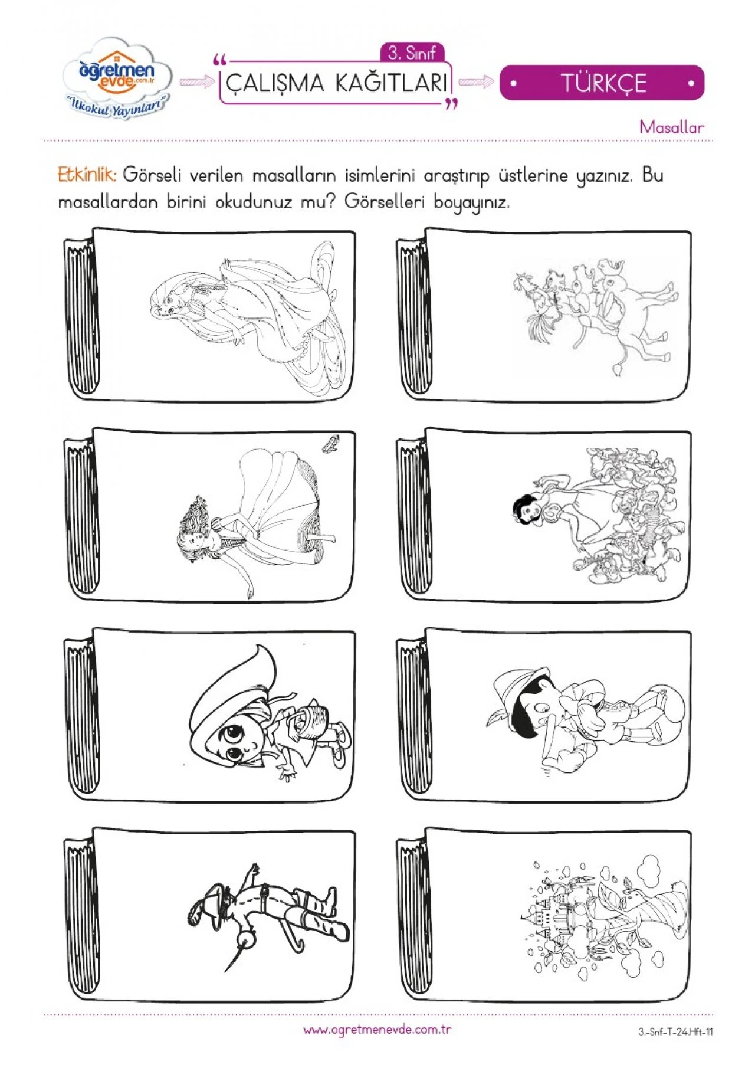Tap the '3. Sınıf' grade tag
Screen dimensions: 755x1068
[412, 53]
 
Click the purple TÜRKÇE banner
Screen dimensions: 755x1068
[602, 83]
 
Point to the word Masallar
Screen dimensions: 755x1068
[671, 127]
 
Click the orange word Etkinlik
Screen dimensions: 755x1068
[87, 175]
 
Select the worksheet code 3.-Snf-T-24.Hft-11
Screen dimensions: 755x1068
[675, 1032]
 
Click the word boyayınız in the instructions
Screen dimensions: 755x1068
[471, 202]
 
